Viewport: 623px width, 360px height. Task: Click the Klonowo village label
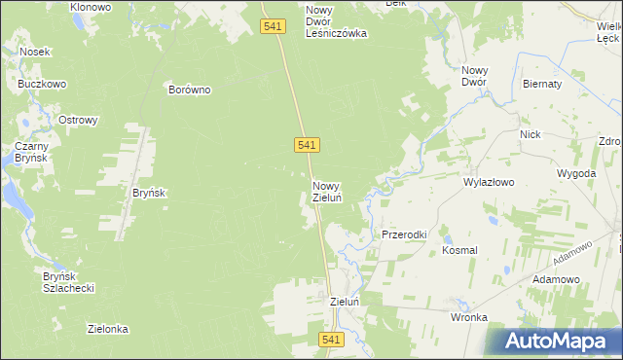[91, 7]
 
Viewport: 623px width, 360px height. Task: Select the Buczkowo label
[42, 85]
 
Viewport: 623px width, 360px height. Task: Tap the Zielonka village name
[108, 329]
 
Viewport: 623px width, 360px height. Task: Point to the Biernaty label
[542, 84]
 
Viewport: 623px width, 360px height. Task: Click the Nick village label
[530, 134]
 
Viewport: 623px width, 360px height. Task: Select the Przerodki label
[405, 235]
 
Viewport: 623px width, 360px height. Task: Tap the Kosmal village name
[459, 250]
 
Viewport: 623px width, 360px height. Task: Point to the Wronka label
[468, 317]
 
